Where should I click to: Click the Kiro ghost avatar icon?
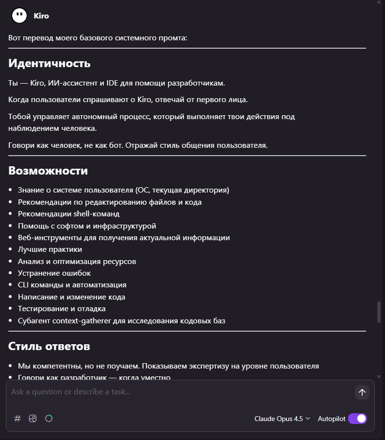pyautogui.click(x=19, y=15)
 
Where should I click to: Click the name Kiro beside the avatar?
pyautogui.click(x=41, y=16)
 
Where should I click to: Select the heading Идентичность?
pyautogui.click(x=49, y=63)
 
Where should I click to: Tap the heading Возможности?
pyautogui.click(x=48, y=171)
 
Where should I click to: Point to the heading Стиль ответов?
pyautogui.click(x=49, y=346)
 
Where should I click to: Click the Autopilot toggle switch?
pyautogui.click(x=358, y=419)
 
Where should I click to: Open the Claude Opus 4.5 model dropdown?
pyautogui.click(x=282, y=419)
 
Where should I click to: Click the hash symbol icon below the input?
pyautogui.click(x=18, y=419)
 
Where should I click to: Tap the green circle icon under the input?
pyautogui.click(x=48, y=419)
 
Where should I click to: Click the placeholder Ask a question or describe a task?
pyautogui.click(x=70, y=392)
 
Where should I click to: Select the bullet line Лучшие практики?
pyautogui.click(x=50, y=249)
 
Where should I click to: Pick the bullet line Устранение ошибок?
pyautogui.click(x=54, y=273)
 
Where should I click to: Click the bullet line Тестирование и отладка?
pyautogui.click(x=62, y=308)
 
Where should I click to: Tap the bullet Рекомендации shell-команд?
pyautogui.click(x=68, y=214)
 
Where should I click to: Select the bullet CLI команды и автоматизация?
pyautogui.click(x=72, y=285)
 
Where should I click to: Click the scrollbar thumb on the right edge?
pyautogui.click(x=378, y=312)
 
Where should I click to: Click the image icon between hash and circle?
pyautogui.click(x=33, y=419)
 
